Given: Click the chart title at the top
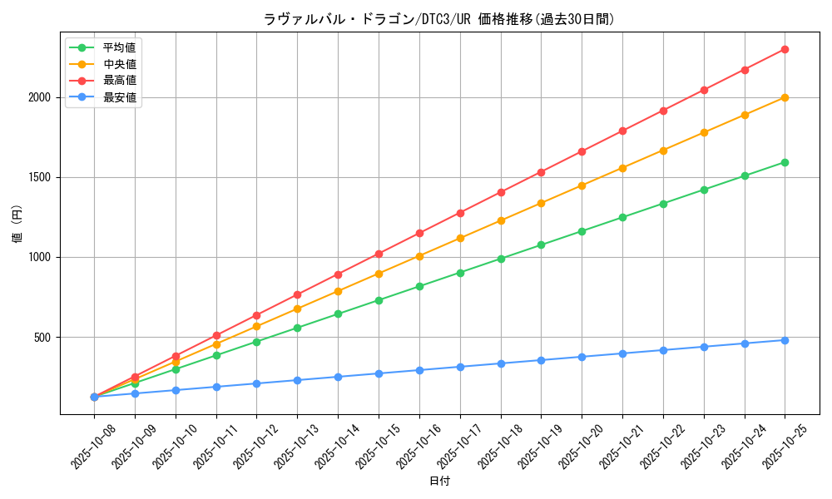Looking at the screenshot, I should (439, 19).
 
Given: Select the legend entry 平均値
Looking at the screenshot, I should (119, 47).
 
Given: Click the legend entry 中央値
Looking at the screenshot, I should (119, 63).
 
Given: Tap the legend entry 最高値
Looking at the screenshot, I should (119, 81).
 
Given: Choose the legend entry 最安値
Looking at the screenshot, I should (119, 97).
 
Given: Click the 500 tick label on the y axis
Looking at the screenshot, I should (44, 337).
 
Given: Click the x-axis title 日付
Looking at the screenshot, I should (439, 482).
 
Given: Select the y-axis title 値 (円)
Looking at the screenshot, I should (17, 224).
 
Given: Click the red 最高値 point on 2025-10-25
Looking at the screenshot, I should (785, 49).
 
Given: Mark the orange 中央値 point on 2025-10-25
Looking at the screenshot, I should (785, 97).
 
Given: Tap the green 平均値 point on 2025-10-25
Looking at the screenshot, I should (785, 162).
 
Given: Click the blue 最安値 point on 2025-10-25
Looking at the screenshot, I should (785, 340).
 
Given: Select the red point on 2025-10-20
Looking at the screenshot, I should (582, 151).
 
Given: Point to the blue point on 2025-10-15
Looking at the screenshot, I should (379, 373).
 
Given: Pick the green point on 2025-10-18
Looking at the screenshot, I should (501, 259).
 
